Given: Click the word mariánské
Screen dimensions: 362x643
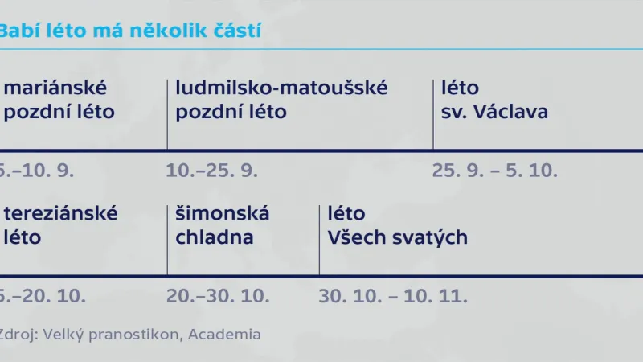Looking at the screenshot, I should click(55, 88).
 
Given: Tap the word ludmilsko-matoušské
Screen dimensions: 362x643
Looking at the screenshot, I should click(281, 88).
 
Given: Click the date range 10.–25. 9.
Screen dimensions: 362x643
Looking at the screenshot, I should click(211, 171).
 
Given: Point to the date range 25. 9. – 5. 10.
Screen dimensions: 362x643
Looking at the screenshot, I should click(494, 171).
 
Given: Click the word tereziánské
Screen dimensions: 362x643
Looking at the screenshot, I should click(60, 214).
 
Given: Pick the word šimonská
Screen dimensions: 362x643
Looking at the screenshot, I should click(223, 214).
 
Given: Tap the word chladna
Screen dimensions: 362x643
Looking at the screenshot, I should click(215, 238).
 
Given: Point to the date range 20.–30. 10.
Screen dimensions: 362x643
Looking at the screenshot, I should click(217, 296).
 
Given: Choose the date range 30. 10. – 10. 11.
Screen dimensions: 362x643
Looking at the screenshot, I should click(393, 296).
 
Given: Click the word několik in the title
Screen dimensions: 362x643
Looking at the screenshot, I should click(166, 31).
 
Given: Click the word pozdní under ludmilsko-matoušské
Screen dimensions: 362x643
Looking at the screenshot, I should click(205, 112).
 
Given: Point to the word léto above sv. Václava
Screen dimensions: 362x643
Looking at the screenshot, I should click(460, 88).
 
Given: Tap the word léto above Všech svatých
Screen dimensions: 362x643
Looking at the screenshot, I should click(346, 214).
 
